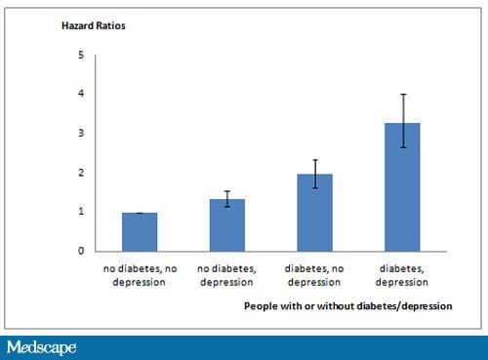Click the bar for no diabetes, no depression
coord(139,232)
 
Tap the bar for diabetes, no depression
coord(314,213)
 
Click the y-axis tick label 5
coord(81,55)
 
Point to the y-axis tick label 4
coord(81,94)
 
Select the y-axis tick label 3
coord(81,134)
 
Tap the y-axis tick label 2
coord(81,173)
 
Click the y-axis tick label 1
coord(81,212)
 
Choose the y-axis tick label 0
coord(81,251)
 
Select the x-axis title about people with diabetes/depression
coord(348,305)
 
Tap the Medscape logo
coord(41,347)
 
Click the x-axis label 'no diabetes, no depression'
coord(139,274)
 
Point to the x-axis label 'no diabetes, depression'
coord(226,274)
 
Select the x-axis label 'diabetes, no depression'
coord(314,274)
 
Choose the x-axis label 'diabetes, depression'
coord(402,274)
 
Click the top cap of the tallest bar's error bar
coord(402,95)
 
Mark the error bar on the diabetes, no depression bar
coord(314,174)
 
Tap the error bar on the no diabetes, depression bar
coord(226,199)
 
